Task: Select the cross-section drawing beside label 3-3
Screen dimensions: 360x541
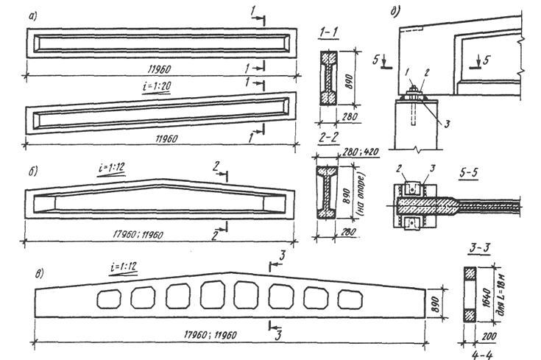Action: click(470, 294)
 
